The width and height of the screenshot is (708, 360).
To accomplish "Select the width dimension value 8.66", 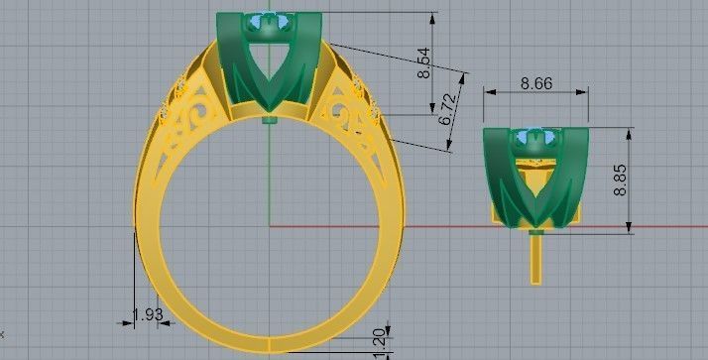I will (536, 84).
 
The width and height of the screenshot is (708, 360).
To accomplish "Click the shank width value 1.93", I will (147, 314).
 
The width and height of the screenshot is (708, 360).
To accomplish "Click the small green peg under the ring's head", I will (270, 121).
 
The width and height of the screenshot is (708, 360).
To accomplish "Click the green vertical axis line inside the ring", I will (270, 179).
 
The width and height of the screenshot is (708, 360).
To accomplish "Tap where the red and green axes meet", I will (270, 226).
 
